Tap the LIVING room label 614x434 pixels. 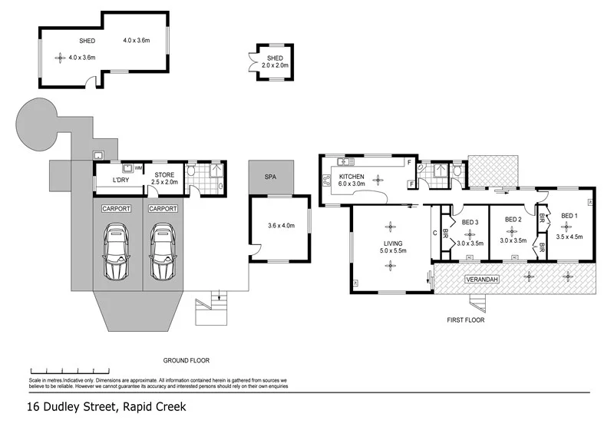tap(391, 242)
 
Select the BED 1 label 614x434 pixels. tap(569, 216)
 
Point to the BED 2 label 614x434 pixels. tap(513, 220)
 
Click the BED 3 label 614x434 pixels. tap(470, 223)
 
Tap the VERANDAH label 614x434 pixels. tap(483, 280)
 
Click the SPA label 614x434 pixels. tap(269, 177)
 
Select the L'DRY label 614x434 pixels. tap(120, 181)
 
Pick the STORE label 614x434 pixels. tap(164, 175)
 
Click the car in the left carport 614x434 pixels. tap(117, 252)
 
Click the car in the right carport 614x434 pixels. tap(163, 252)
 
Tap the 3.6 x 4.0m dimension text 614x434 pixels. tap(280, 227)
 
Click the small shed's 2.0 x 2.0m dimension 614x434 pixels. tap(274, 66)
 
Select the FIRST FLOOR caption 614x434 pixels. tap(465, 320)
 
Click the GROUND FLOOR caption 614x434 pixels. tap(186, 359)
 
